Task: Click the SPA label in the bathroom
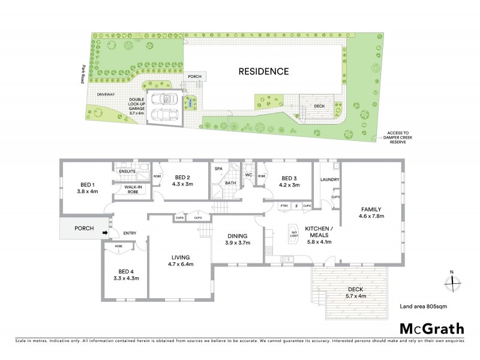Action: [x=218, y=169]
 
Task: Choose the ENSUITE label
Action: [x=127, y=172]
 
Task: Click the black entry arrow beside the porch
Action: [x=105, y=234]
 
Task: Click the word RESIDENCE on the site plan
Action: [x=264, y=71]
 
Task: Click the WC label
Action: [x=247, y=176]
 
